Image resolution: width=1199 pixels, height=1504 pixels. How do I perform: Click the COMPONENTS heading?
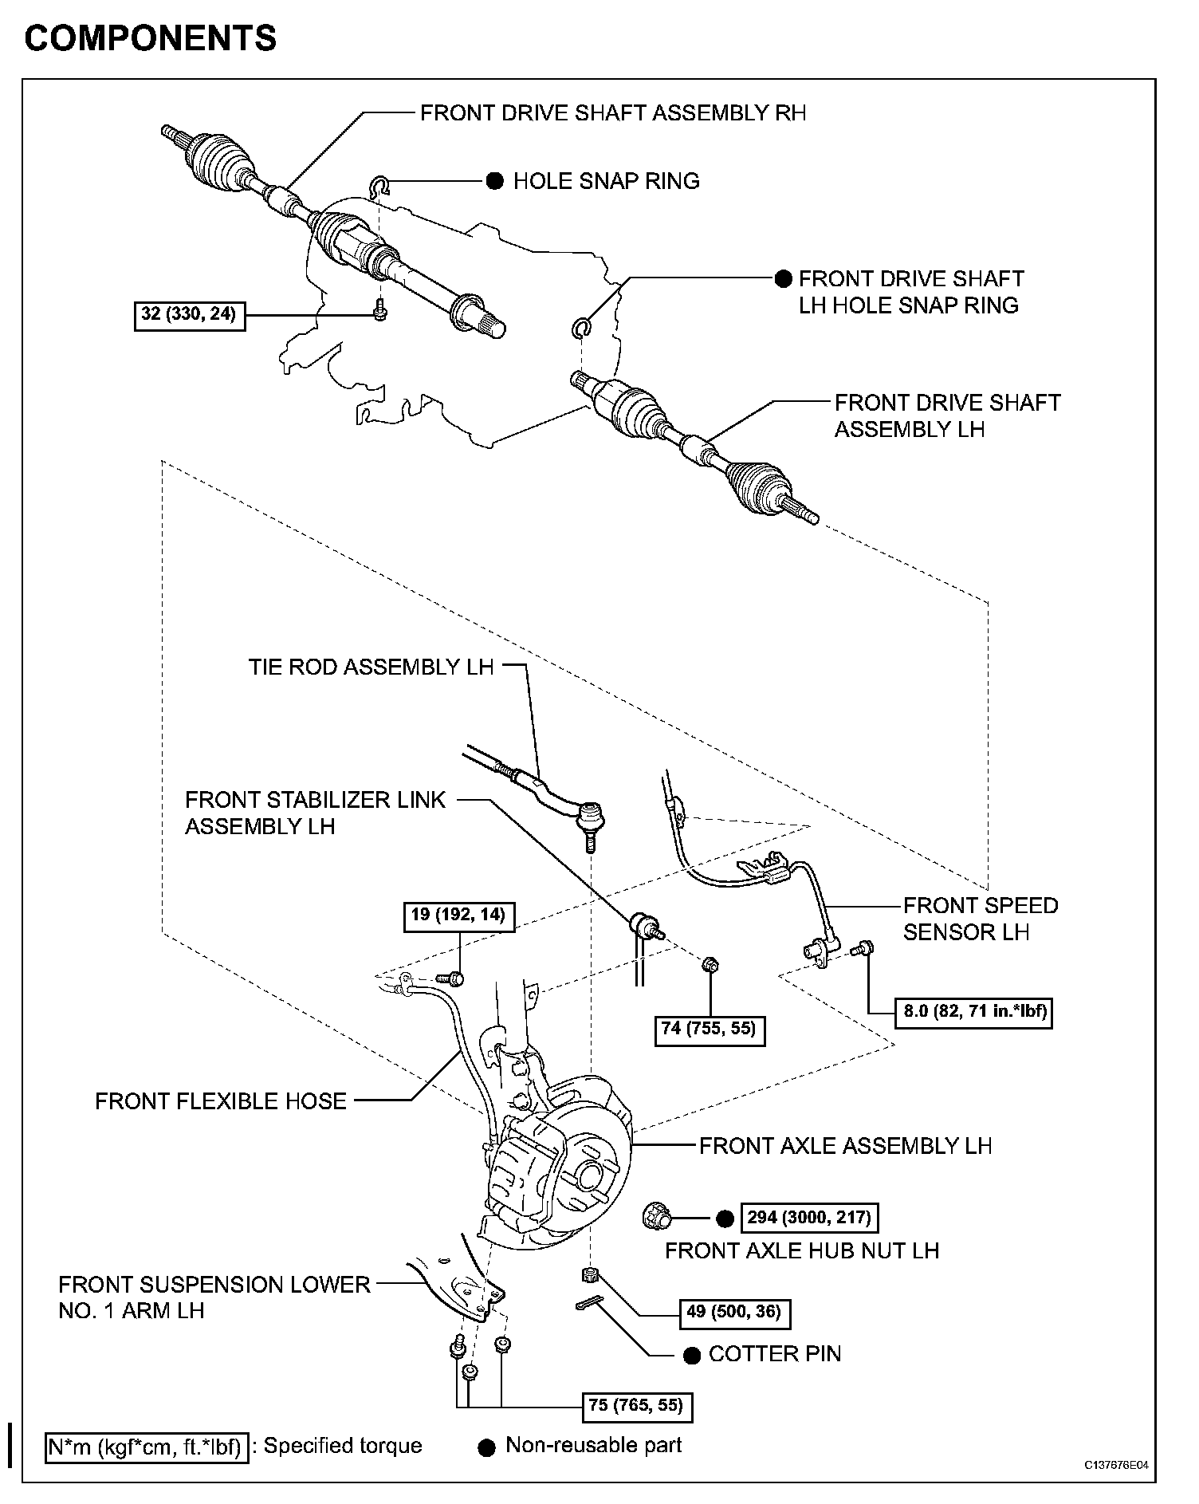151,38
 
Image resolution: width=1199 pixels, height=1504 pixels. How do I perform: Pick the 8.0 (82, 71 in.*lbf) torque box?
974,1013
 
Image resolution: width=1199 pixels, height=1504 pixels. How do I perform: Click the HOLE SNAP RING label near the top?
606,181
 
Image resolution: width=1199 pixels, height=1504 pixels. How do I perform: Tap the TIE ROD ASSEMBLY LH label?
371,667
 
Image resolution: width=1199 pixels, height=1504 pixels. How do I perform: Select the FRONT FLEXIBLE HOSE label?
221,1101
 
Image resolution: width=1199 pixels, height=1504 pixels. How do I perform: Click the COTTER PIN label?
774,1353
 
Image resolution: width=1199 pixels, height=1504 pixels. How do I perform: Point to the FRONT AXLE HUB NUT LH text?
802,1250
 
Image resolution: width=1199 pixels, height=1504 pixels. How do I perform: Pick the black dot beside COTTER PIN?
693,1355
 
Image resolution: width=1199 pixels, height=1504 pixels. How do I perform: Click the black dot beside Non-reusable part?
486,1447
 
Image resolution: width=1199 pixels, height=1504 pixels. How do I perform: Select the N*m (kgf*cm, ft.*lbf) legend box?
146,1447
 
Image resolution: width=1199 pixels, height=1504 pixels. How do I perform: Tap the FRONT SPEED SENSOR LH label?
980,919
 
